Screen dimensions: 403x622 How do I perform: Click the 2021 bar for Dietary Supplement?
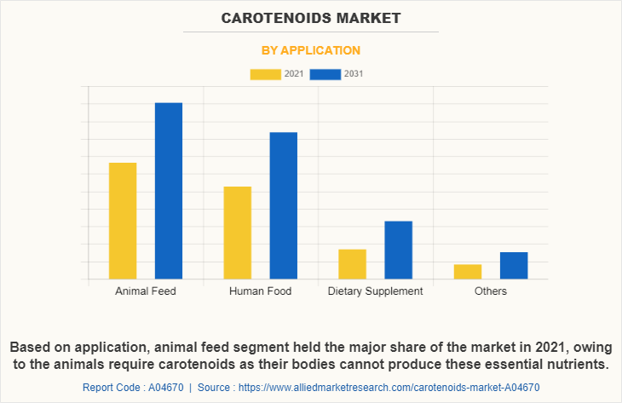tap(352, 263)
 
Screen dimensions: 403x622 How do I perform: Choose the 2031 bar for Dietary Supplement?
tap(398, 250)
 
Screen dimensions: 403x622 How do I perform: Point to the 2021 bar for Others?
tap(468, 271)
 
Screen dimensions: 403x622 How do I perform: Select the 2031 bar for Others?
tap(513, 265)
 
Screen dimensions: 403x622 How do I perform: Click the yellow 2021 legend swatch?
tap(265, 74)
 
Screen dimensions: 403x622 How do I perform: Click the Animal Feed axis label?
tap(146, 291)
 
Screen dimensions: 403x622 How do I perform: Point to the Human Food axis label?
tap(260, 291)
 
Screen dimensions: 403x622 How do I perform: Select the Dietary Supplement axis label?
tap(375, 291)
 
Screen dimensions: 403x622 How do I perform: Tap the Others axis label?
tap(491, 291)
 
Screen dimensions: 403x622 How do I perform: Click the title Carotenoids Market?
tap(311, 17)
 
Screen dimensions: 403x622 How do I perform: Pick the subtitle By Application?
tap(311, 50)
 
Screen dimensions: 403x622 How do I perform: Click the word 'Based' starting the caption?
tap(31, 348)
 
